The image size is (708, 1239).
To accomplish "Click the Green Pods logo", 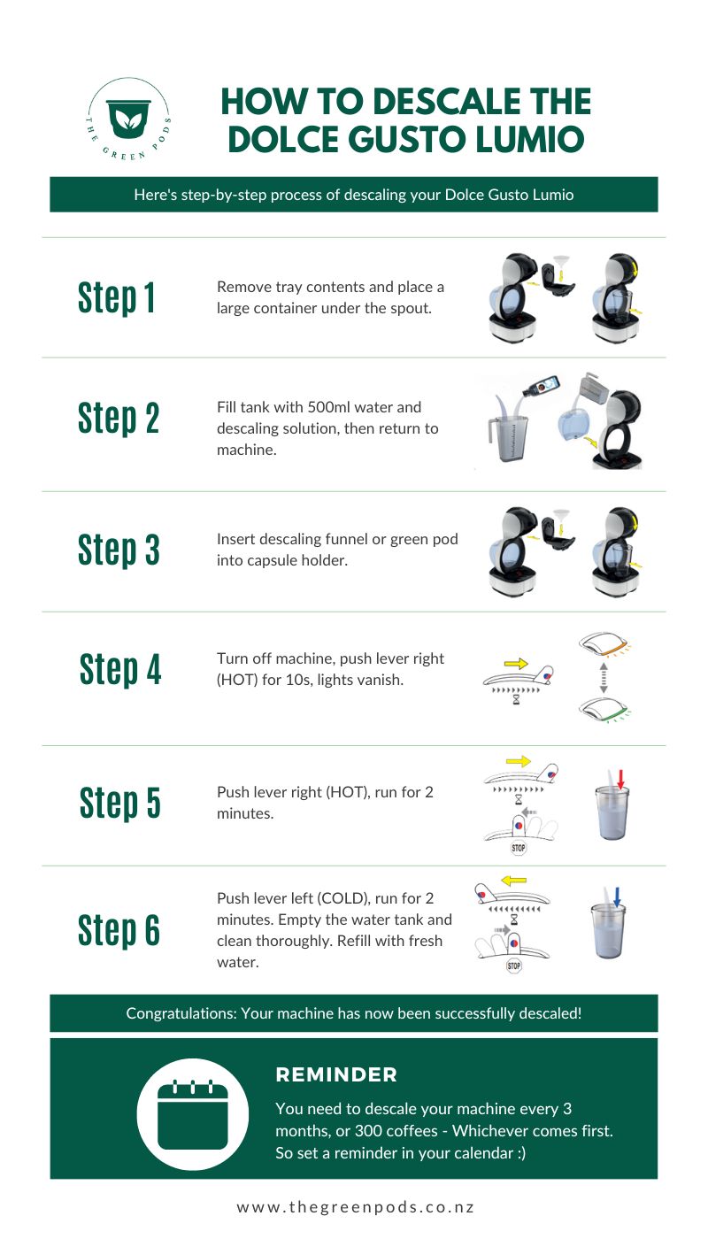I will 128,120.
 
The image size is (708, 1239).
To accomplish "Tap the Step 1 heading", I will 117,298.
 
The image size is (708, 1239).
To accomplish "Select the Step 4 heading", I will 120,669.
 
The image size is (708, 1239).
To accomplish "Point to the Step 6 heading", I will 119,930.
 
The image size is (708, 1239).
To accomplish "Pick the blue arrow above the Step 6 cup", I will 617,897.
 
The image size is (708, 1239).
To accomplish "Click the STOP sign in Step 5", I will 518,848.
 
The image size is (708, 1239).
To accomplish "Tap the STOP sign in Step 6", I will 514,966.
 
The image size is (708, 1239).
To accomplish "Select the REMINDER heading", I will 336,1075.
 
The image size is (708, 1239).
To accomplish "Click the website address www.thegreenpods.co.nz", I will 355,1207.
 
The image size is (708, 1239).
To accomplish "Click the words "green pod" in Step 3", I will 427,539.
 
